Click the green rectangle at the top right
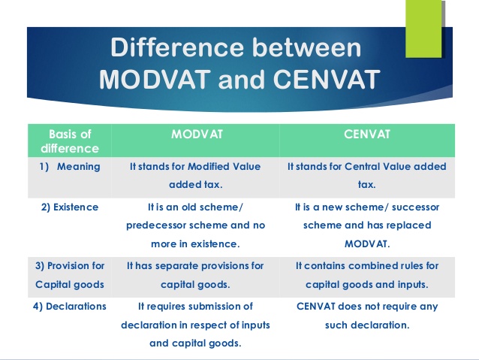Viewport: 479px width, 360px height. click(x=423, y=29)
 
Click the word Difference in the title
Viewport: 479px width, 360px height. click(x=177, y=47)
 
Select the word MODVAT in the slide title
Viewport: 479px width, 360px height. click(x=155, y=79)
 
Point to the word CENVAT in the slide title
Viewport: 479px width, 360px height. click(x=327, y=79)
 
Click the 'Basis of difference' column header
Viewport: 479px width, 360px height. click(x=70, y=141)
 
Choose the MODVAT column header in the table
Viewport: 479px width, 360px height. click(x=197, y=135)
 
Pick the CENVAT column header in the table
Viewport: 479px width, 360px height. click(x=367, y=135)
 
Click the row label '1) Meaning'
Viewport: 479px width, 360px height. click(x=70, y=167)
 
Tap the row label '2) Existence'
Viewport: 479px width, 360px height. click(x=70, y=207)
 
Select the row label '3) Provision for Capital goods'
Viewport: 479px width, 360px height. click(x=70, y=275)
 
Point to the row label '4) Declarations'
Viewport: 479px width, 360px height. click(x=70, y=307)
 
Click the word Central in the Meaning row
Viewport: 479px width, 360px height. click(x=363, y=167)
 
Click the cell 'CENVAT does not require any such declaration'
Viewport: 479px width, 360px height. click(x=367, y=316)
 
